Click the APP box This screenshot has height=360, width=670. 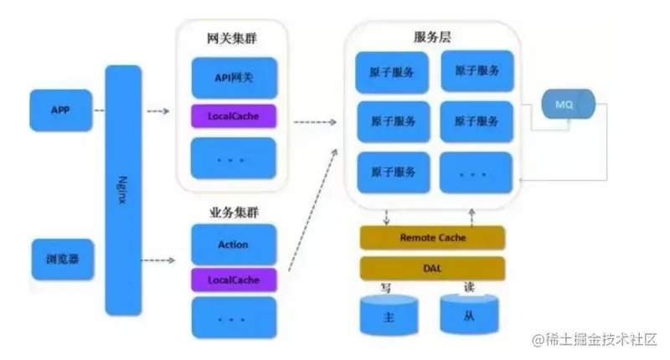pyautogui.click(x=60, y=111)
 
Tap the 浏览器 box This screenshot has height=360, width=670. pyautogui.click(x=62, y=260)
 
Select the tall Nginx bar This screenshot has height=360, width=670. pyautogui.click(x=123, y=190)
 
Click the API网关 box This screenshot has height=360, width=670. pyautogui.click(x=234, y=78)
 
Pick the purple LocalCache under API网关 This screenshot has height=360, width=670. pyautogui.click(x=234, y=116)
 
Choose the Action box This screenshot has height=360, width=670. pyautogui.click(x=234, y=244)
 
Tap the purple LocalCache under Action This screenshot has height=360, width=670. pyautogui.click(x=234, y=280)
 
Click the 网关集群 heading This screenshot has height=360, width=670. pyautogui.click(x=232, y=39)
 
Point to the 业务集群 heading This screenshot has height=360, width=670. pyautogui.click(x=234, y=213)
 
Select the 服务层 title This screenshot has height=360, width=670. pyautogui.click(x=432, y=38)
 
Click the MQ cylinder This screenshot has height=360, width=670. pyautogui.click(x=569, y=104)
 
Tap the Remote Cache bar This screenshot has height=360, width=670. pyautogui.click(x=432, y=238)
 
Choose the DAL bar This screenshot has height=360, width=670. pyautogui.click(x=432, y=269)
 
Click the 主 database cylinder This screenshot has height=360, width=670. pyautogui.click(x=389, y=315)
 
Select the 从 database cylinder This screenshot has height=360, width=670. pyautogui.click(x=469, y=314)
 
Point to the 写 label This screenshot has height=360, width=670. pyautogui.click(x=386, y=288)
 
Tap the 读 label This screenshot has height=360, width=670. pyautogui.click(x=469, y=287)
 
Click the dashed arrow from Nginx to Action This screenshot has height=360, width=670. pyautogui.click(x=158, y=260)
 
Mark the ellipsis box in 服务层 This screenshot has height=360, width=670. pyautogui.click(x=476, y=173)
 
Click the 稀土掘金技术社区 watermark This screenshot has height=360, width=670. pyautogui.click(x=595, y=340)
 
